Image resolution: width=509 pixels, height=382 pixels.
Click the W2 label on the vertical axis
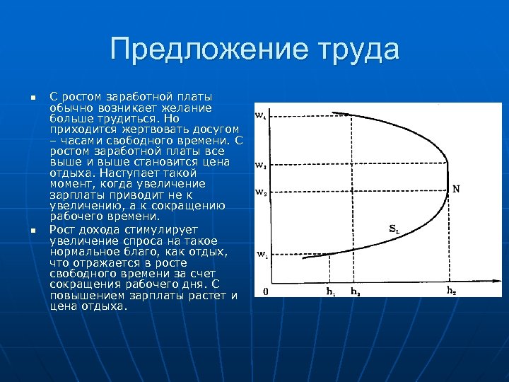point(261,192)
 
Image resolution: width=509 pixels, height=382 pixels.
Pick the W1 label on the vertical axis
point(261,254)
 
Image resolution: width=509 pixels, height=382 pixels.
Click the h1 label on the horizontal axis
point(330,291)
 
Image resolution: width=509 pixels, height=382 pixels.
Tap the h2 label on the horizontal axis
point(451,290)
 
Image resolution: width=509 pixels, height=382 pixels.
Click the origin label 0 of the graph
point(265,291)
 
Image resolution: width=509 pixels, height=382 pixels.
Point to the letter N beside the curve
point(456,189)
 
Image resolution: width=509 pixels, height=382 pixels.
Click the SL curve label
point(394,228)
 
